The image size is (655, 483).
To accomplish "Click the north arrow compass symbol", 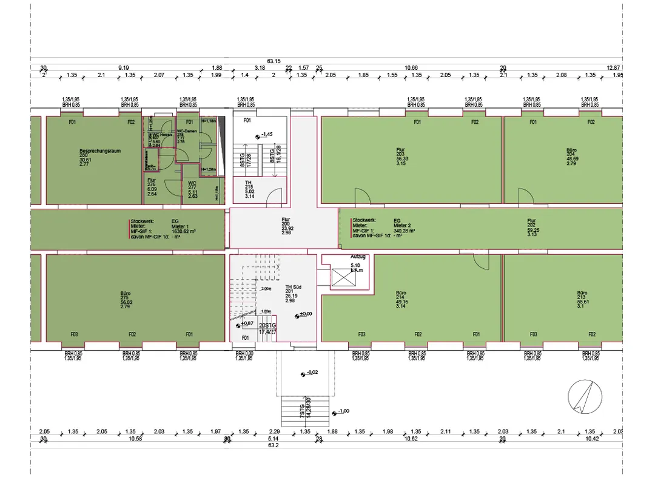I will (585, 397).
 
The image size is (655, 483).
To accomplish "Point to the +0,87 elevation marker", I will (245, 325).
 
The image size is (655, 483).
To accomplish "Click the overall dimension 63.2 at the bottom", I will (274, 445).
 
